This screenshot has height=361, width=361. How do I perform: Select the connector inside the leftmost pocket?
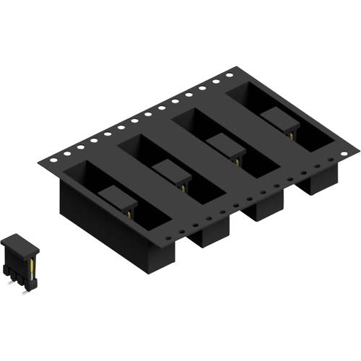pyautogui.click(x=119, y=199)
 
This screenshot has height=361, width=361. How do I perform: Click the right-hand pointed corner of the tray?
pyautogui.click(x=358, y=149)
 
